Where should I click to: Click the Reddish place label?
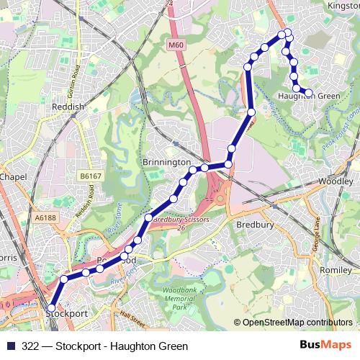tap(69, 107)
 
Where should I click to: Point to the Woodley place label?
tap(336, 182)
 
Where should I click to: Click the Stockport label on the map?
tap(67, 314)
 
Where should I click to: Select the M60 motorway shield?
tap(176, 45)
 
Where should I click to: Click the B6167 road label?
tap(90, 175)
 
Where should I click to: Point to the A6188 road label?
tap(45, 217)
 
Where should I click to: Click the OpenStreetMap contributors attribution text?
tap(297, 323)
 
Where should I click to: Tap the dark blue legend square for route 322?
tap(9, 346)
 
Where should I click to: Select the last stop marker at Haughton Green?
tap(308, 92)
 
